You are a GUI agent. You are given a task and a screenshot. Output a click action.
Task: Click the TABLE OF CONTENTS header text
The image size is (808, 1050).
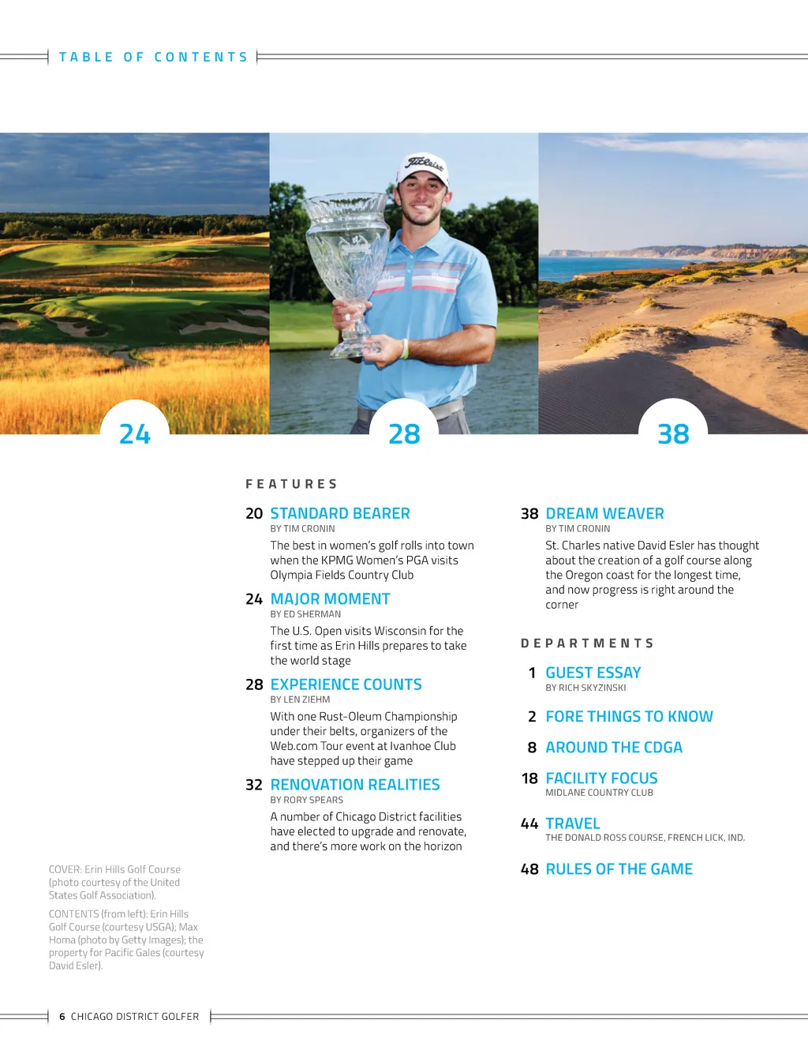point(154,57)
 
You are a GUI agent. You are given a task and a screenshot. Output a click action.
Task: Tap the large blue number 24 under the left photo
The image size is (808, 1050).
point(135,434)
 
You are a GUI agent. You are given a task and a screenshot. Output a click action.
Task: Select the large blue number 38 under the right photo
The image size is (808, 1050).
point(673,434)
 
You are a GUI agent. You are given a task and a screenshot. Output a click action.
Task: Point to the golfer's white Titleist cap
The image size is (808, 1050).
point(425,167)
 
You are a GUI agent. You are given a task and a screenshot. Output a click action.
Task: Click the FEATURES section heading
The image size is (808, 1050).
point(291,484)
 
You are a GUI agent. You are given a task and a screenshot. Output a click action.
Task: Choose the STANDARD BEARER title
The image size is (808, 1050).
point(340,513)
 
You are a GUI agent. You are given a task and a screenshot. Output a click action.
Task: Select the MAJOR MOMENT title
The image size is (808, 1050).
point(330,599)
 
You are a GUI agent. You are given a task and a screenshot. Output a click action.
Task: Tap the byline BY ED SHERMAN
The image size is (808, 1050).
point(305,614)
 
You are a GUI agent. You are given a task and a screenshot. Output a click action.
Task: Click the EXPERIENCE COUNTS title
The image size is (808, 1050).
point(346,684)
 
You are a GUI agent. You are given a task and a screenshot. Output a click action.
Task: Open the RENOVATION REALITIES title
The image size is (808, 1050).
point(355,785)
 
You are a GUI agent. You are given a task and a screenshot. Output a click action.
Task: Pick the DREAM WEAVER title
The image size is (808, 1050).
point(604,513)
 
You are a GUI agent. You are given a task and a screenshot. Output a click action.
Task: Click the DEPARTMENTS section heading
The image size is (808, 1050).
point(587,643)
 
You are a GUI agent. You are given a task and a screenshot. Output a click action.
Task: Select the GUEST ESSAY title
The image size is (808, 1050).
point(593,673)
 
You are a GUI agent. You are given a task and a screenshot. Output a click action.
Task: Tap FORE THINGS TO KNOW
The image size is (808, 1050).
point(629,717)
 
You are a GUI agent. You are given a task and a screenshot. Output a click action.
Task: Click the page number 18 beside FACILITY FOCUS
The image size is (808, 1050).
point(529,778)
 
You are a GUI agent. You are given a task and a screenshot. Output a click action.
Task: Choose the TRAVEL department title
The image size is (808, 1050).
point(573,823)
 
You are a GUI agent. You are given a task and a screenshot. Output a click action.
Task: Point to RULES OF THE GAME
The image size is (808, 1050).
point(619,869)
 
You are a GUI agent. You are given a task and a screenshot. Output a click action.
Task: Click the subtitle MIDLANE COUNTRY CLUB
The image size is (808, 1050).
point(599,793)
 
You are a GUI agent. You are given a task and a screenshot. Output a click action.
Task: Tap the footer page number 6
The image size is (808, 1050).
point(62,1017)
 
